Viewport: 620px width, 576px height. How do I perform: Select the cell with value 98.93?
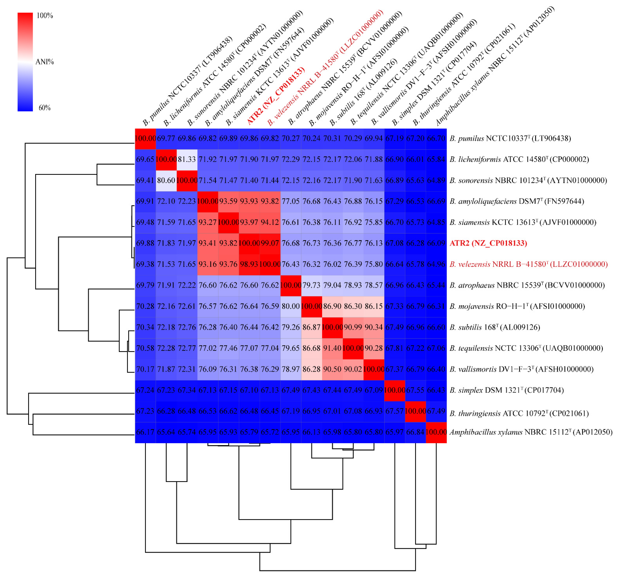(x=249, y=264)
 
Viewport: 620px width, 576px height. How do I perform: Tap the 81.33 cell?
(x=187, y=159)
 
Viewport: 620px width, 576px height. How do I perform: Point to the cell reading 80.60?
(x=166, y=180)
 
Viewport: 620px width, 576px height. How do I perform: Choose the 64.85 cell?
(x=436, y=222)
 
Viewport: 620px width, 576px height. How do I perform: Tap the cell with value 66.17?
(x=145, y=432)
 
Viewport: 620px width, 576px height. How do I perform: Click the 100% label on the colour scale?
(x=45, y=16)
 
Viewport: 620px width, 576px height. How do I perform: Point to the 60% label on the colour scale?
(x=45, y=108)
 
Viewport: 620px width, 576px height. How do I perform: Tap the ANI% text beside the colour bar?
(x=45, y=62)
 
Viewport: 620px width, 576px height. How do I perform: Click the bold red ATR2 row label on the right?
(x=488, y=243)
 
